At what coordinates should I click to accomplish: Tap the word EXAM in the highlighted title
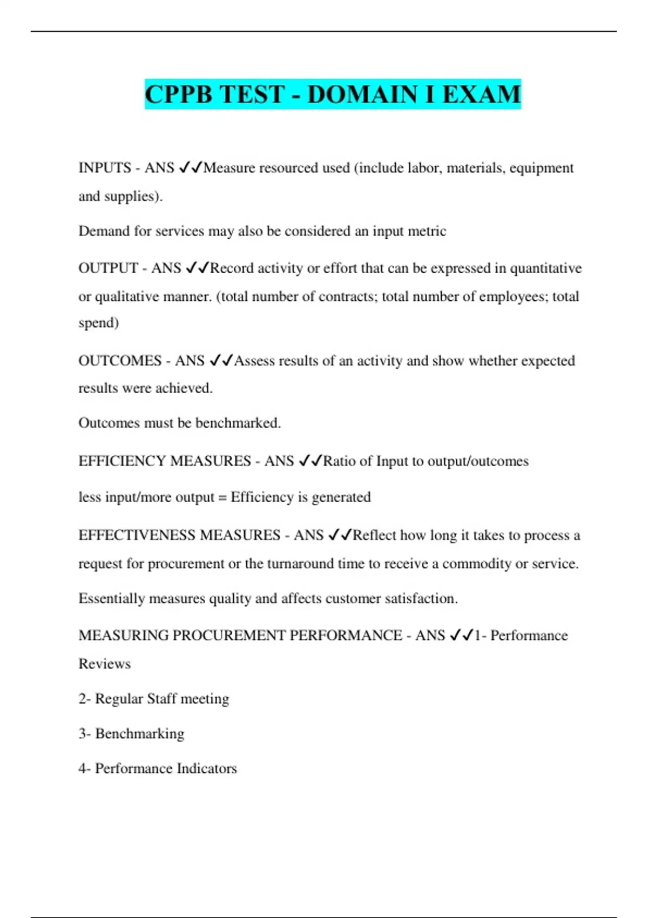tap(482, 94)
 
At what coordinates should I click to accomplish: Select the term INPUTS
tap(105, 168)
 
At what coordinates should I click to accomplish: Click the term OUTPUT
tap(108, 268)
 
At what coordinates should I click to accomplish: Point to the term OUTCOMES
tap(120, 361)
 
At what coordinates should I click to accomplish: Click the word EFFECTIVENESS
tap(137, 535)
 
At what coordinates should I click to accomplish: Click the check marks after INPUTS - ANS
tap(190, 168)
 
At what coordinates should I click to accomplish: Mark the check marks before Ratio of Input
tap(310, 461)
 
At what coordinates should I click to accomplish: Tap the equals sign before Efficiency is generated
tap(222, 497)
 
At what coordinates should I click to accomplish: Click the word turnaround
tap(300, 564)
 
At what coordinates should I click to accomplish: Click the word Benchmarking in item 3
tap(140, 734)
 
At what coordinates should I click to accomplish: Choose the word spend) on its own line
tap(99, 323)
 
